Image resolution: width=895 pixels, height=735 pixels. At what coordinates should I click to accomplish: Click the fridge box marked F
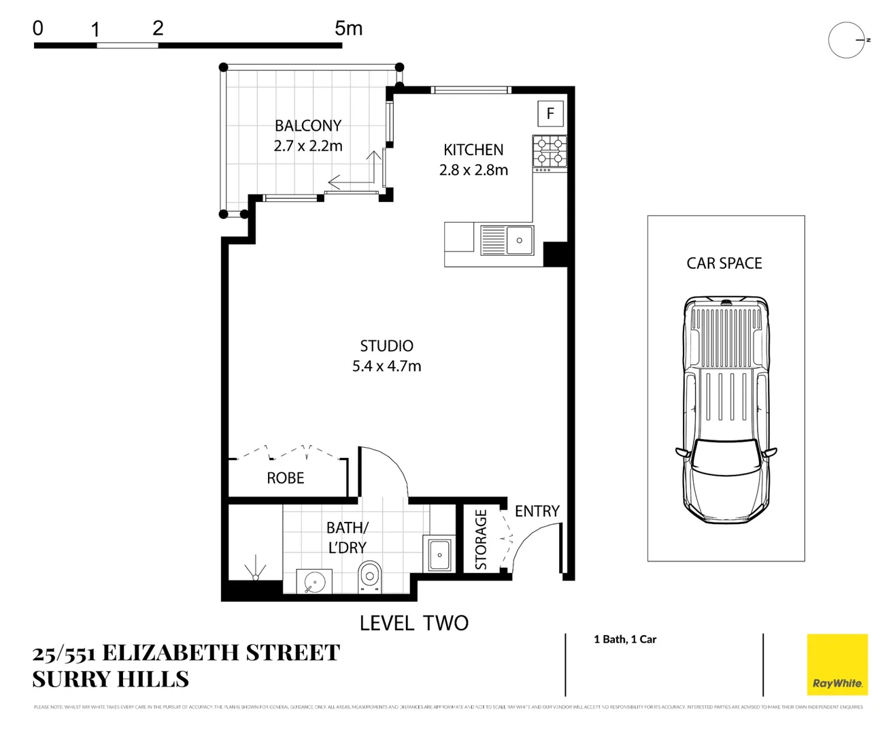pos(550,114)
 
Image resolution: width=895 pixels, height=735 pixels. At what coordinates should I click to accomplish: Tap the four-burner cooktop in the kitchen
pos(550,152)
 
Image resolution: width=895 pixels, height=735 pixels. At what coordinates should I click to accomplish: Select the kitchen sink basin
pos(519,240)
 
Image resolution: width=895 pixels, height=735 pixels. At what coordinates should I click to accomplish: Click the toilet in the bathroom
pos(370,577)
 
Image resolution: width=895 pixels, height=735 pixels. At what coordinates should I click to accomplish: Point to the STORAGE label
pos(481,540)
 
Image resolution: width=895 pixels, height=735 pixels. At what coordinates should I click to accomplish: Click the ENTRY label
pos(537,511)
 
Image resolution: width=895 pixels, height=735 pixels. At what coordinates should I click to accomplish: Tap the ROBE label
pos(285,478)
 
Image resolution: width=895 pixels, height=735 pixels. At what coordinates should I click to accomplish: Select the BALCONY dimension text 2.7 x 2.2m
pos(308,146)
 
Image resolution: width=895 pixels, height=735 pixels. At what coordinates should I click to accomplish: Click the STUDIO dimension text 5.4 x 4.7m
pos(386,366)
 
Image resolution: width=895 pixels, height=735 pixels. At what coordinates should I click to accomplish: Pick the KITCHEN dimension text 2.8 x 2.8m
pos(473,170)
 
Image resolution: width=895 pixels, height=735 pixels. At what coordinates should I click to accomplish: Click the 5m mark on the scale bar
pos(348,29)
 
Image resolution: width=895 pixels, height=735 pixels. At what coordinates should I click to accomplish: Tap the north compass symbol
pos(847,40)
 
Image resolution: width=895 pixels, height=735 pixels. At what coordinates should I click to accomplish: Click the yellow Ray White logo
pos(837,664)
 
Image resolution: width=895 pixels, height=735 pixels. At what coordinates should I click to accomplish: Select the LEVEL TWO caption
pos(413,623)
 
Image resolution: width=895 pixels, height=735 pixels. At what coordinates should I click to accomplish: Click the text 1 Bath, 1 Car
pos(625,639)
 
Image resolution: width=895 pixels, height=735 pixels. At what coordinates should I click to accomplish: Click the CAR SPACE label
pos(724,263)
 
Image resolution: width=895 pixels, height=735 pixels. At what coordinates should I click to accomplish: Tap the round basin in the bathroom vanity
pos(314,583)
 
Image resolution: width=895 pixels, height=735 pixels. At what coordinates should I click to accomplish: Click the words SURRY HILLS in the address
pos(111,679)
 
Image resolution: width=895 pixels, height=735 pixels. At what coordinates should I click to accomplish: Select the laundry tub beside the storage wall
pos(439,555)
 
